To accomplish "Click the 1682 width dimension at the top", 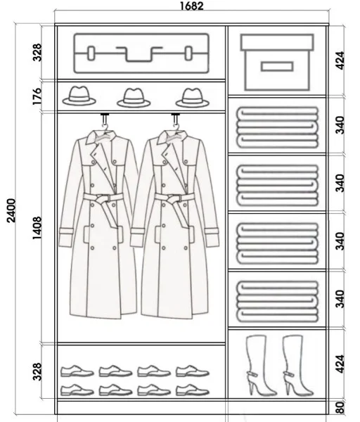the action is (191, 6).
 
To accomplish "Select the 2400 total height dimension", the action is (11, 210).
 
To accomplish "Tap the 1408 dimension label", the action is (37, 228).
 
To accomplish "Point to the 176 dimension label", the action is (37, 96).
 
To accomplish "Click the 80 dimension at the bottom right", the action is (340, 407).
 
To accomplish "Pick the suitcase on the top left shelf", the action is (141, 53).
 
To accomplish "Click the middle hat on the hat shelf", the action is (134, 98).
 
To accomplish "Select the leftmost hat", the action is (79, 96).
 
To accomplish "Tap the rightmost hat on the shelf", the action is (193, 98).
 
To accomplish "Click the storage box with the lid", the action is (278, 62).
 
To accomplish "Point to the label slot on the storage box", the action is (277, 66).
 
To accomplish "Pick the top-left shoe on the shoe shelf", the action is (77, 371).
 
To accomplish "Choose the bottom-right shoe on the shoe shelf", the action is (193, 390).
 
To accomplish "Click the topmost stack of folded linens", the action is (278, 127).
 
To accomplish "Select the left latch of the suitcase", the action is (91, 53).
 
